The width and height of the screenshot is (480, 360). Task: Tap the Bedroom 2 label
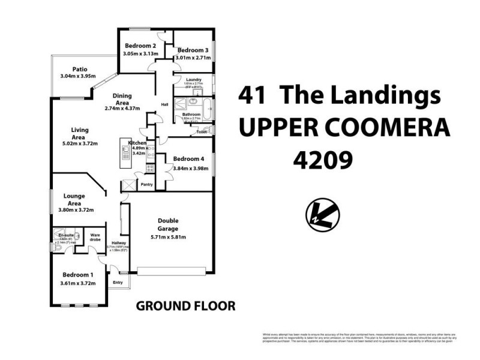(140, 46)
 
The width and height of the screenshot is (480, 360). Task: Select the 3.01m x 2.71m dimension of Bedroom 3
(193, 58)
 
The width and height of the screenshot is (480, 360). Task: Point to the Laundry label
(193, 80)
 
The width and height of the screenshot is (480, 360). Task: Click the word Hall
(164, 104)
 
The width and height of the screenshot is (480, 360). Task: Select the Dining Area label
(122, 96)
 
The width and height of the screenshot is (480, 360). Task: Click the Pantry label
(146, 185)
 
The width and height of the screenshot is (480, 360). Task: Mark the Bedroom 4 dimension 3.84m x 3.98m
(190, 168)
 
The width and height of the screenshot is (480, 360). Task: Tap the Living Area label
(80, 130)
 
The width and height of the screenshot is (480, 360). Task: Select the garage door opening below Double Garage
(172, 271)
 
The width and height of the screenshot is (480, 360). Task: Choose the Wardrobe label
(94, 238)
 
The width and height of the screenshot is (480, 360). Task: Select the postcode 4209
(321, 159)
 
